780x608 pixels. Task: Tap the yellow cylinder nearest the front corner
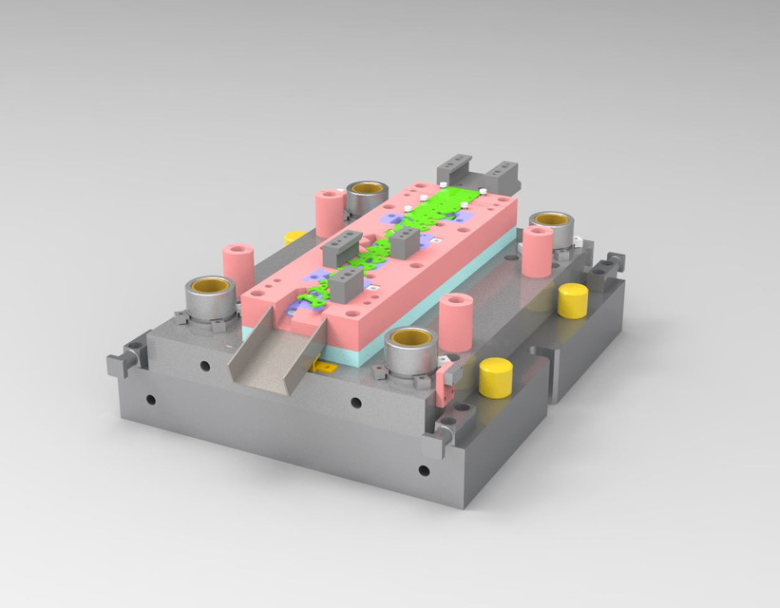click(x=495, y=377)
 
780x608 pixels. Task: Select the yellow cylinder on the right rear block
click(x=573, y=299)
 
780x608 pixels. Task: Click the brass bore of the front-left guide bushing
click(x=210, y=285)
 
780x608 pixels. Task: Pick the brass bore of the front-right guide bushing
click(x=412, y=338)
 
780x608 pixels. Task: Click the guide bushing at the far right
click(x=552, y=226)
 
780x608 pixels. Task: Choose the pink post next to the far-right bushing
click(x=537, y=250)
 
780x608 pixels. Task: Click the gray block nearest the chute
click(x=346, y=283)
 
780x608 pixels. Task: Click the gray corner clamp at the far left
click(x=124, y=361)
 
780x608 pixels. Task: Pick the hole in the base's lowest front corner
click(x=424, y=469)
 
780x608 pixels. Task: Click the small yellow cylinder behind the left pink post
click(x=295, y=237)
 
